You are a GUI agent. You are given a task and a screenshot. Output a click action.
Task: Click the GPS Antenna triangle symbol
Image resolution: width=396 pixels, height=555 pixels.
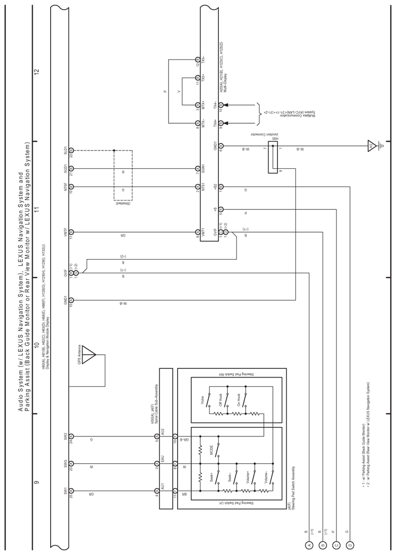pyautogui.click(x=89, y=354)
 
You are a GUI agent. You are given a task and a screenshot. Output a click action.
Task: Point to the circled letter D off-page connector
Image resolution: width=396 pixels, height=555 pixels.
pyautogui.click(x=349, y=545)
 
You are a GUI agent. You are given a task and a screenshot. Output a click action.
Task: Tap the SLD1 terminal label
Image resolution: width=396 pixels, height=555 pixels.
pyautogui.click(x=65, y=151)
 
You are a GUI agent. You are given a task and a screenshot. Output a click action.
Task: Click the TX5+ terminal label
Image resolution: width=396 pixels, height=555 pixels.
pyautogui.click(x=203, y=79)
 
